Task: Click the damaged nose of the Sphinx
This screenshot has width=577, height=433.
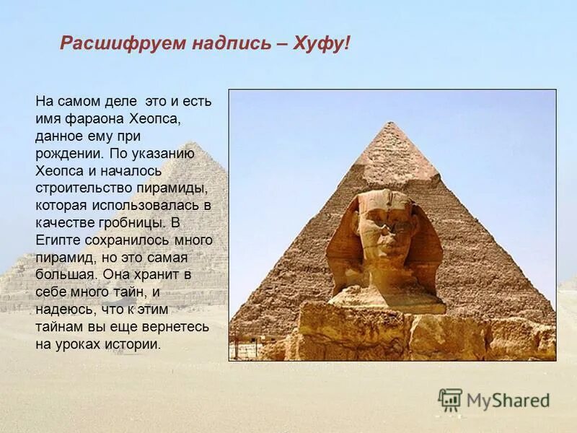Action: tap(389, 235)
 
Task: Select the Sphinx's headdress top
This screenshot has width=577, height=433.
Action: tap(386, 194)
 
